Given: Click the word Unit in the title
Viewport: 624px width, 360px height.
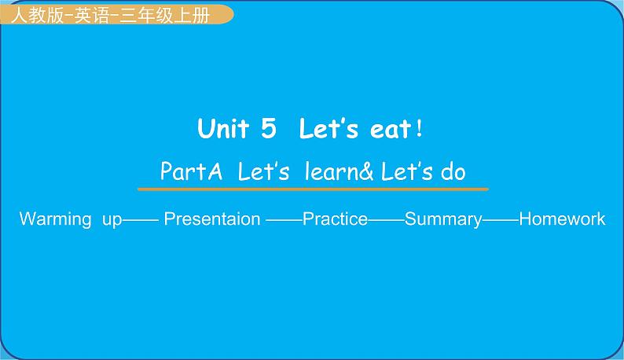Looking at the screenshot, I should click(223, 129).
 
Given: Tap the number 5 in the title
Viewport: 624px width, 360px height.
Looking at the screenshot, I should click(268, 129).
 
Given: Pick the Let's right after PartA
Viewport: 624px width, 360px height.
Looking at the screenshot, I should click(264, 171).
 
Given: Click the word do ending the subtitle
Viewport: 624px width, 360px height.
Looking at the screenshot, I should click(453, 171).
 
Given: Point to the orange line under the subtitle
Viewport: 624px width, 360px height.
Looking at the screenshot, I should click(313, 189).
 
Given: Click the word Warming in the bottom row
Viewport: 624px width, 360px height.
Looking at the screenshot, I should click(55, 219).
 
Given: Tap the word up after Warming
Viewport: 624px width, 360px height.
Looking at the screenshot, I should click(112, 220).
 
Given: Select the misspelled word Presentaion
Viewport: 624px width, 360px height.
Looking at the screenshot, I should click(212, 219).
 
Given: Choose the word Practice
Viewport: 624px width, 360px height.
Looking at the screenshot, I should click(335, 219).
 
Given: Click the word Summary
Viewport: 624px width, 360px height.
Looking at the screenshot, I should click(442, 219).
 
